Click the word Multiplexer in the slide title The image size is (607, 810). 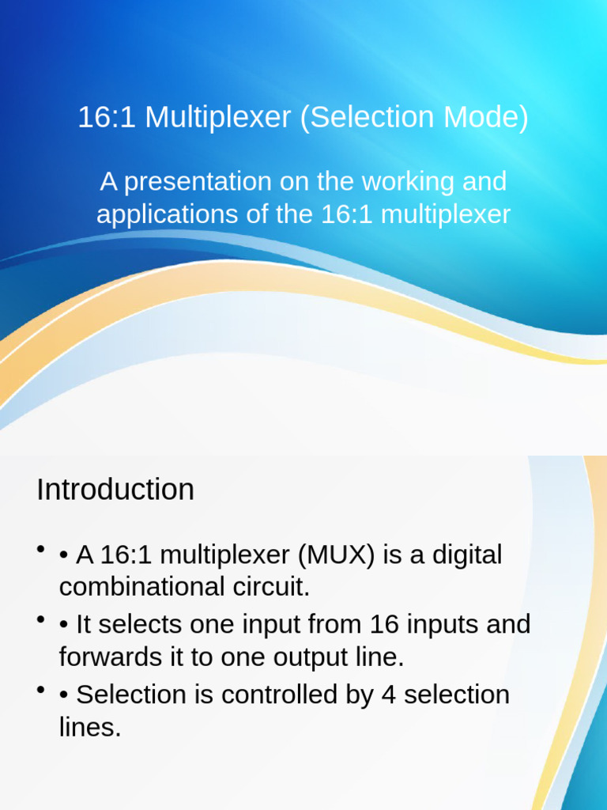(218, 118)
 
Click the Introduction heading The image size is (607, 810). (115, 490)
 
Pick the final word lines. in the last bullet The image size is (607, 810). (90, 727)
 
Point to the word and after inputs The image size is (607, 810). (509, 625)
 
